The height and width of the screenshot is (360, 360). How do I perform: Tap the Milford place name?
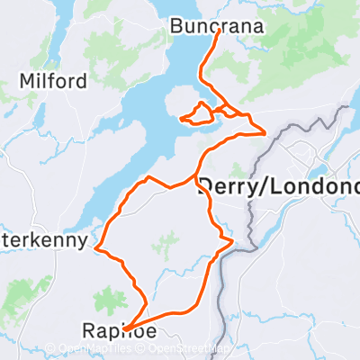57,82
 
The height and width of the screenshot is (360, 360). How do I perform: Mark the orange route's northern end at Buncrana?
219,31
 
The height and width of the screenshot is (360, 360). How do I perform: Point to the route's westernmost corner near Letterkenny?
96,248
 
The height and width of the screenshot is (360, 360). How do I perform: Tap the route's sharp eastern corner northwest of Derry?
265,133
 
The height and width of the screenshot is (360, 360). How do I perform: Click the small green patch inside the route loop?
166,241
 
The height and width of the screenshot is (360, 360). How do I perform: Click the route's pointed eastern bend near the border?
233,241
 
